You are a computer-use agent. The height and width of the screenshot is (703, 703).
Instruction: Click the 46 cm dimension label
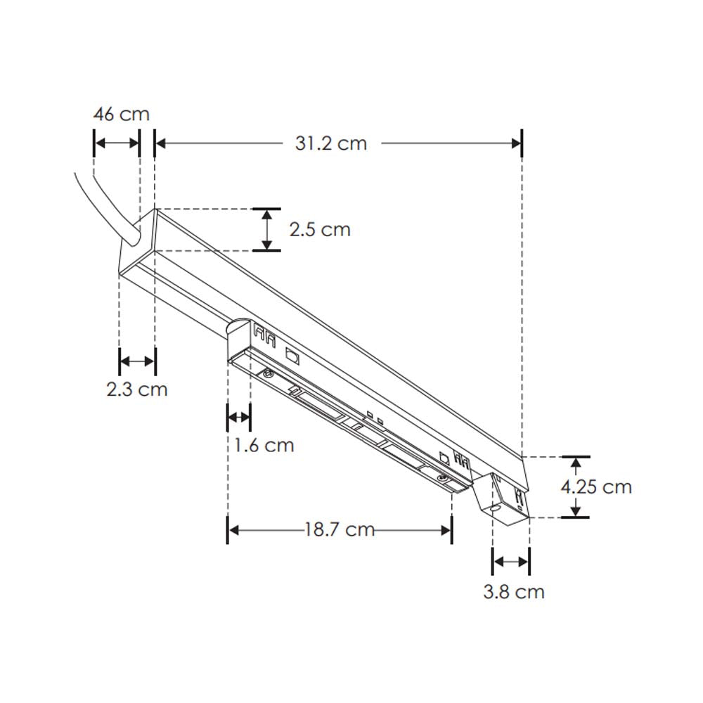[122, 114]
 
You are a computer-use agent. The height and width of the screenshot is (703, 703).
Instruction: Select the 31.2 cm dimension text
[330, 143]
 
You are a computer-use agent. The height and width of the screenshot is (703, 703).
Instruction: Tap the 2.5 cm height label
[320, 229]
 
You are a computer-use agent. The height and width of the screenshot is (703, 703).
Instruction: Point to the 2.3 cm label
[137, 389]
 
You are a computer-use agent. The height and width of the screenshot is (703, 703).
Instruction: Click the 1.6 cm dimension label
[264, 445]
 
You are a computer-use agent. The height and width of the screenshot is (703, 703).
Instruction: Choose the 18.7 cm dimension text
[340, 529]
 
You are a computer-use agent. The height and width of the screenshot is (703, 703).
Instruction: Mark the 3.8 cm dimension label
[514, 592]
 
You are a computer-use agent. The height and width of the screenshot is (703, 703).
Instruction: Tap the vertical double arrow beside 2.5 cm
[266, 229]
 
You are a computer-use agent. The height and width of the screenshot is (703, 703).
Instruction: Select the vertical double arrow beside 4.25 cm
[576, 486]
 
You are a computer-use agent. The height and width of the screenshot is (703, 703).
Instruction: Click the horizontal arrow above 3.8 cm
[511, 562]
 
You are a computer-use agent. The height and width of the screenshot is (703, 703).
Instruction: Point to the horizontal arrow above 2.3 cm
[137, 361]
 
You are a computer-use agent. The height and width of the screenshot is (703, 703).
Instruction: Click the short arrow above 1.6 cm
[238, 418]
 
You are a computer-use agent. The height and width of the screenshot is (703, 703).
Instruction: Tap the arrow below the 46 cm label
[117, 143]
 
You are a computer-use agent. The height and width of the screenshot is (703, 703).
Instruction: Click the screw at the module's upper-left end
[267, 373]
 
